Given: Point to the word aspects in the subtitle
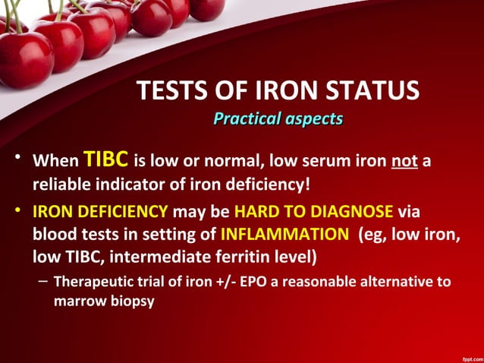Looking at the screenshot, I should (x=313, y=118).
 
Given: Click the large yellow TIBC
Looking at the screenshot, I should (x=105, y=160).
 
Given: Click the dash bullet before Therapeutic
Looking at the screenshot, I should (x=42, y=281).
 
